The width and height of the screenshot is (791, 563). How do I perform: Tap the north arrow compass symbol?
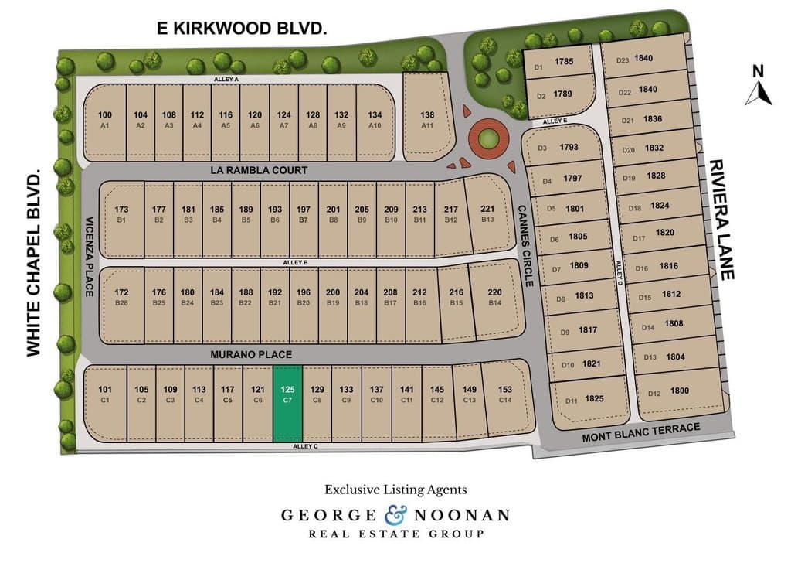click(759, 87)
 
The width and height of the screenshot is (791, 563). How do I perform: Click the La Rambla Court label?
click(259, 170)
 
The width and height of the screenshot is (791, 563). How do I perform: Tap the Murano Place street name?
click(252, 354)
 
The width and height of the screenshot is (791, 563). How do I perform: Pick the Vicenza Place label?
click(89, 256)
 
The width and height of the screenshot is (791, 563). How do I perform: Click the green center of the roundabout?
click(487, 140)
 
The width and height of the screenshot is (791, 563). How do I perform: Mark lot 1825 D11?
click(587, 399)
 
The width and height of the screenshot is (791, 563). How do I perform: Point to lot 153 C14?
click(505, 394)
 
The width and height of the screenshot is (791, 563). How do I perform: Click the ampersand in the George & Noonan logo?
click(395, 514)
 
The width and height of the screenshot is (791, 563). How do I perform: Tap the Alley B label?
click(295, 263)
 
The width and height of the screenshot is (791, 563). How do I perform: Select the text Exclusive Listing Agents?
click(395, 490)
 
